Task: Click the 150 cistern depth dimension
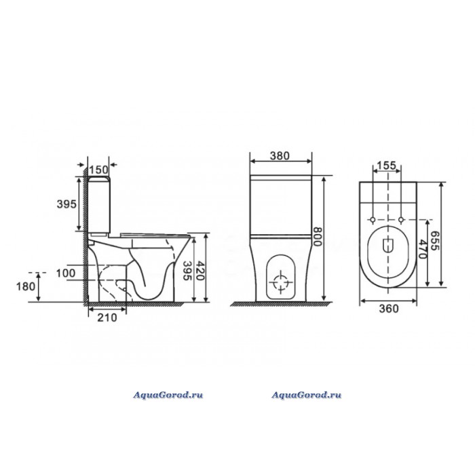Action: (x=99, y=170)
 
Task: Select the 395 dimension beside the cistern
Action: (x=66, y=204)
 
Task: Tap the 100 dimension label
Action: (x=66, y=273)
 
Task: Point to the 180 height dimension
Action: (x=26, y=286)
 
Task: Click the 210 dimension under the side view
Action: (x=107, y=318)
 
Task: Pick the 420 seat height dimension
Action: (x=200, y=270)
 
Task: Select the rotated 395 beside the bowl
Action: (x=188, y=270)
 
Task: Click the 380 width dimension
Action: (x=280, y=155)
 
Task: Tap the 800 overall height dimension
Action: (x=317, y=237)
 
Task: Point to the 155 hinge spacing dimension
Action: (x=386, y=166)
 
